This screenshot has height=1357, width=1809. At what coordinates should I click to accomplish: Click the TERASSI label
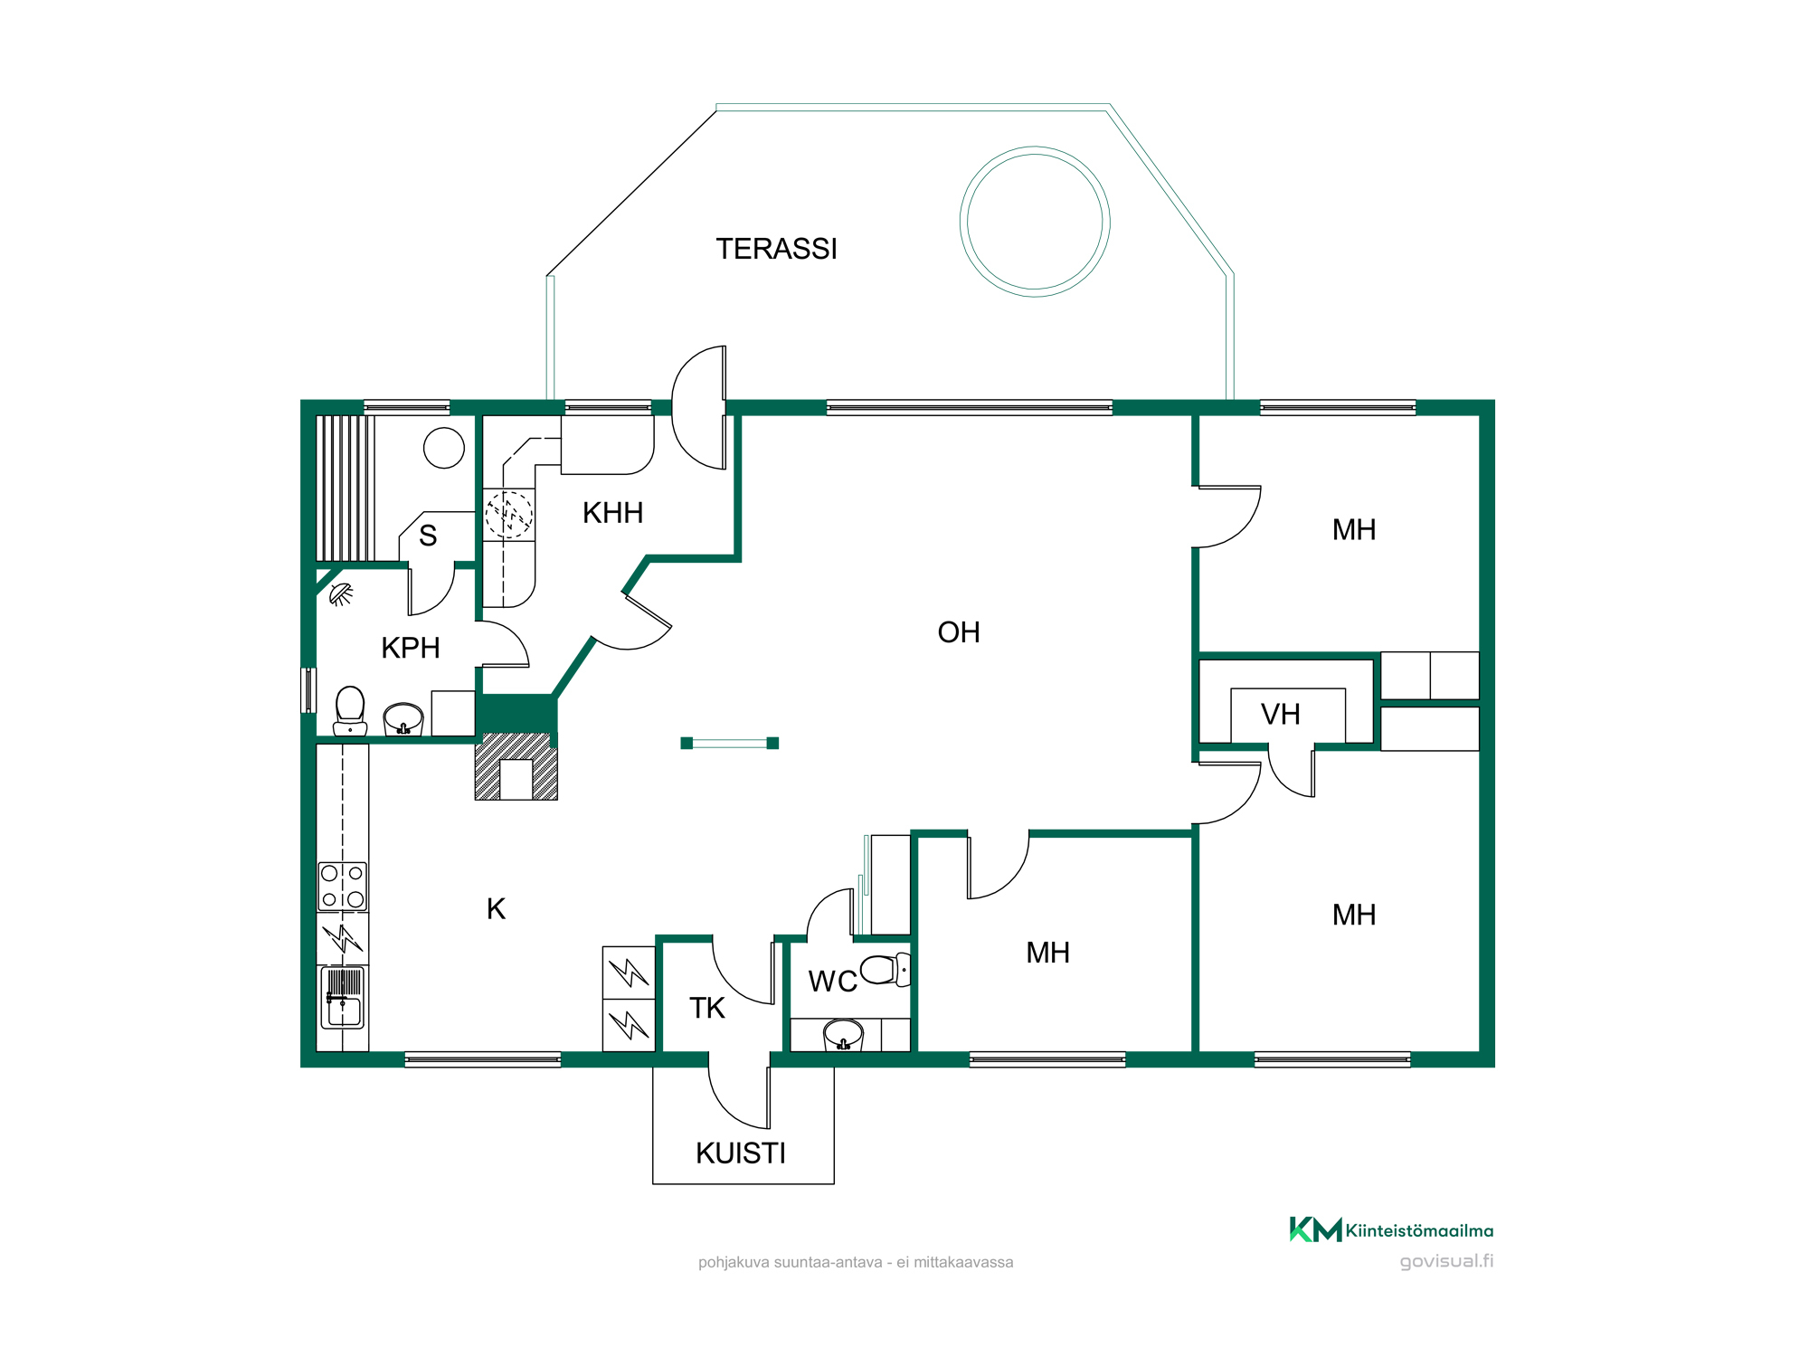776,249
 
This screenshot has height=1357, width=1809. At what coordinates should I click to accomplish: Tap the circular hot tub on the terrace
1035,149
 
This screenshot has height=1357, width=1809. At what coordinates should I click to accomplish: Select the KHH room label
612,513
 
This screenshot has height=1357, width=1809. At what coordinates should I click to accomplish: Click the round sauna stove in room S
444,448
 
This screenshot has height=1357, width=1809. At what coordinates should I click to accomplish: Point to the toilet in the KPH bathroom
350,711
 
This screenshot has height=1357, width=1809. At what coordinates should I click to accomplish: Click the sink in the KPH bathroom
403,719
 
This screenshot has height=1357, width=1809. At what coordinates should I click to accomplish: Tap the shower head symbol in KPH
340,594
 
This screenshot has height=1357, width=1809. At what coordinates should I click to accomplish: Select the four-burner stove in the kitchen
342,887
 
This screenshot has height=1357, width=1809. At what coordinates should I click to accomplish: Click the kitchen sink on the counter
342,998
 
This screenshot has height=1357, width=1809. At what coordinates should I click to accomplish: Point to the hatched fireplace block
516,766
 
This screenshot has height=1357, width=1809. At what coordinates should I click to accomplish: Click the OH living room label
959,632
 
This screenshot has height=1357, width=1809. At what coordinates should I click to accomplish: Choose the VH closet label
1280,715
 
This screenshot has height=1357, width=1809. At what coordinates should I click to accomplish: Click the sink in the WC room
843,1034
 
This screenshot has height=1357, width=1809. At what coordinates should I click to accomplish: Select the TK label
706,1008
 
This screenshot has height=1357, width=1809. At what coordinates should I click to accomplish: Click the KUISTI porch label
741,1153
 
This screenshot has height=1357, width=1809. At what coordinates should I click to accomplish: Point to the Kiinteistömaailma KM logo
1391,1229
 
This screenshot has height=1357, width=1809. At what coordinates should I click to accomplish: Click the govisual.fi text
1446,1261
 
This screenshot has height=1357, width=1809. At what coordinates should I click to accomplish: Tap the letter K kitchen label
496,909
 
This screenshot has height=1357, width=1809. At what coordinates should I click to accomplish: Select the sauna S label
428,536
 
